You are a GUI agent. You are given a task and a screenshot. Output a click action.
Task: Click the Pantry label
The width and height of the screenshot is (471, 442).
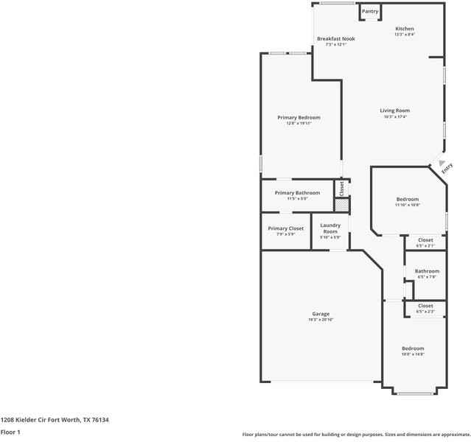tap(369, 11)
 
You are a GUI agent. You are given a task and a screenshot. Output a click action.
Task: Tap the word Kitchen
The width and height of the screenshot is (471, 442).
tap(405, 29)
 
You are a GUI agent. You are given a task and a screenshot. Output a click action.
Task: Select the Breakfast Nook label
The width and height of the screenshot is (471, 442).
tap(335, 38)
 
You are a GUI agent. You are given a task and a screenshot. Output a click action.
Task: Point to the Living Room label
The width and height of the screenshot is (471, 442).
tap(394, 110)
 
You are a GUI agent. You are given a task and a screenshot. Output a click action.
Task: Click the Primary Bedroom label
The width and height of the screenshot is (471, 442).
tap(299, 117)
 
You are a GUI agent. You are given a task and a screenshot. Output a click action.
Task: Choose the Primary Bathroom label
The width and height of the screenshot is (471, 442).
tap(297, 193)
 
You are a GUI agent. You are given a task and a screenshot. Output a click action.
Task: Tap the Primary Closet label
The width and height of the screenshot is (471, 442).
tap(285, 228)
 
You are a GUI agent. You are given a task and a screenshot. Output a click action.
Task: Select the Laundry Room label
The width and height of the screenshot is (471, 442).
tap(329, 228)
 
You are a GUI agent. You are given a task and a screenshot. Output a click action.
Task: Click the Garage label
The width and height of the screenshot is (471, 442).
tap(320, 314)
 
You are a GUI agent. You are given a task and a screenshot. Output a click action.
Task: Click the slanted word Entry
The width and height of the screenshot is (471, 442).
tap(447, 169)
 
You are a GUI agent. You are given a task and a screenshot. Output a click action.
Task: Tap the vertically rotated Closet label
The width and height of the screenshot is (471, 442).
tap(341, 188)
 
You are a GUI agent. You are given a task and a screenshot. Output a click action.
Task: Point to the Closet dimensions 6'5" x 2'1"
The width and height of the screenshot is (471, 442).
tap(425, 245)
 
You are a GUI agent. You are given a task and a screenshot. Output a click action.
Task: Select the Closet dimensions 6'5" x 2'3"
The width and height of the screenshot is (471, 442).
tap(425, 312)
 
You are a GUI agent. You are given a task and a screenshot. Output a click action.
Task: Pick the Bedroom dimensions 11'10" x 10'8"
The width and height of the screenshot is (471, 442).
tap(407, 205)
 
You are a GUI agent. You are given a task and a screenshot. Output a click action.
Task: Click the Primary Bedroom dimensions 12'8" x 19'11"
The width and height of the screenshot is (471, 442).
tap(299, 123)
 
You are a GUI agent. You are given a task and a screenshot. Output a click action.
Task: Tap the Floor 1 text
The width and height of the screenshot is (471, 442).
tap(10, 432)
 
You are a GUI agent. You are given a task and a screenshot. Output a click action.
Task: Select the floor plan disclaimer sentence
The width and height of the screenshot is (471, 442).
tap(356, 435)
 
